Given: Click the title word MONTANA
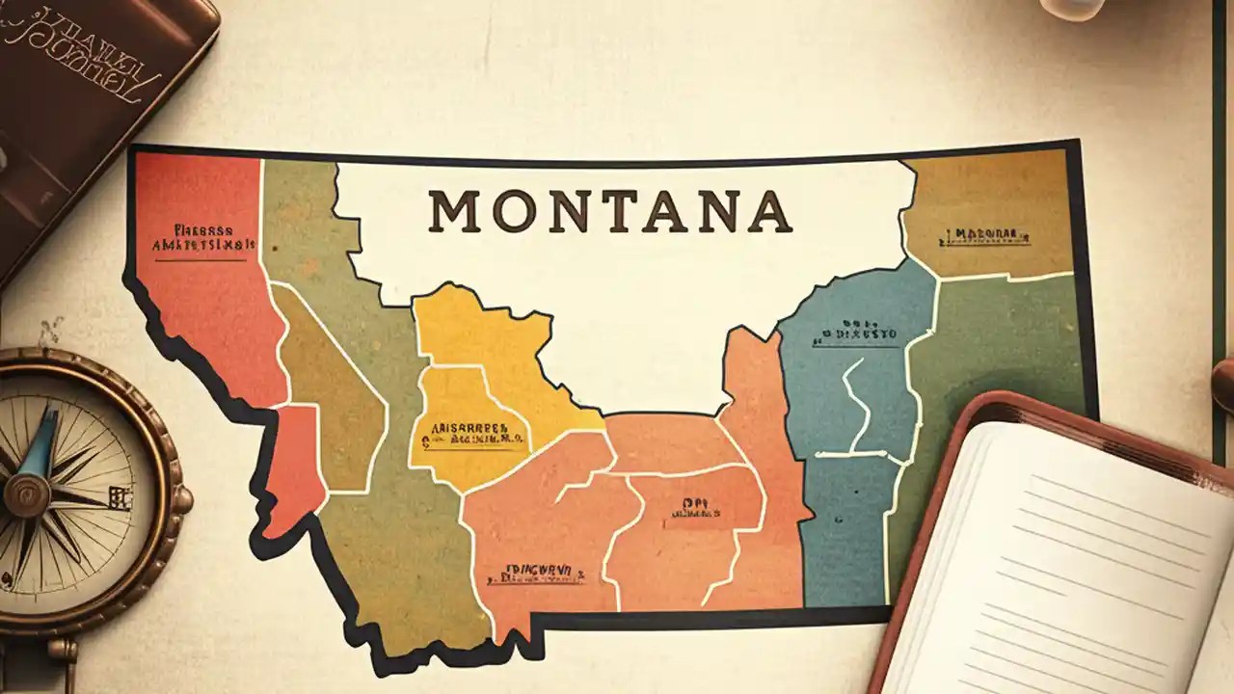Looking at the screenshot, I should point(610,212).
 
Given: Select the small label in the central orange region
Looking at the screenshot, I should point(690,508).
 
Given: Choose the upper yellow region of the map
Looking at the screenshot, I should point(482,328).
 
